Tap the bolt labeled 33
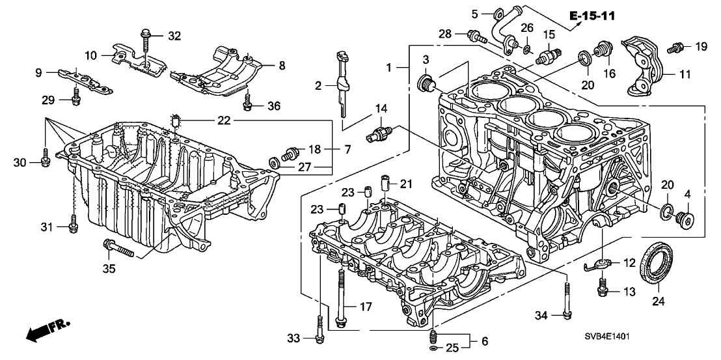click(318, 328)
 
